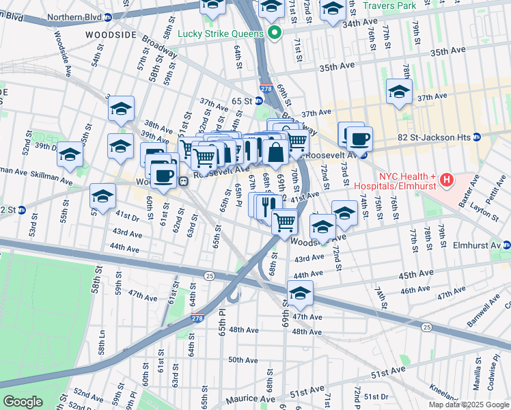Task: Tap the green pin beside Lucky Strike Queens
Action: (275, 33)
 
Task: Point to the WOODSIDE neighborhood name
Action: (112, 33)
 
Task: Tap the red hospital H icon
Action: (446, 181)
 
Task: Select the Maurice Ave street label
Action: (251, 398)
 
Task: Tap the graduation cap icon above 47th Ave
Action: (299, 292)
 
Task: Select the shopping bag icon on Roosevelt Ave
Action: (276, 153)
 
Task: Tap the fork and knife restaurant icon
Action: (268, 203)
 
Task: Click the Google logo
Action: (23, 401)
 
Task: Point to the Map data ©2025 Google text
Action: (469, 405)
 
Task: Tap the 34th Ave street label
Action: (360, 23)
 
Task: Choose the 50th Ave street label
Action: (243, 359)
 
